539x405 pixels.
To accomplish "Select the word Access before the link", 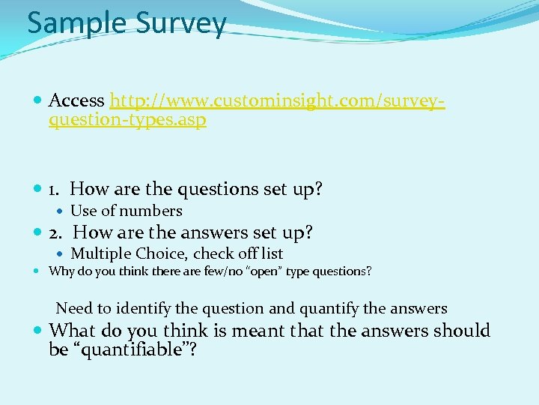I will pos(76,100).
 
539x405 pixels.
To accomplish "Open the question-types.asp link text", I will pos(127,120).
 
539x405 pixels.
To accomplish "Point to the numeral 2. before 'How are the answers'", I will pos(58,232).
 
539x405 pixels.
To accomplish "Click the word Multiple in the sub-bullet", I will pos(100,253).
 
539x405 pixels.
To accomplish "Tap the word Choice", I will pos(161,253).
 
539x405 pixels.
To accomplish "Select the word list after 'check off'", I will pos(270,253).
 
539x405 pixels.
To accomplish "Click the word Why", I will pos(60,271).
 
